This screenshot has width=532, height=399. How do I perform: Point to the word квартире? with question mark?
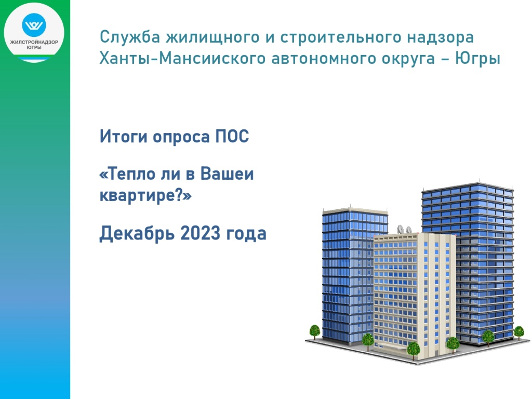click(x=145, y=196)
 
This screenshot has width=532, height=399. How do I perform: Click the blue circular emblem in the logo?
click(x=34, y=24)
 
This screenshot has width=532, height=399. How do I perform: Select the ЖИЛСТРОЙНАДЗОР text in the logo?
click(x=34, y=42)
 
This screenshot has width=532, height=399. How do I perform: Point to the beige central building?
click(x=410, y=291)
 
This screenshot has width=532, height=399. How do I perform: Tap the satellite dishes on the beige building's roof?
click(x=404, y=229)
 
